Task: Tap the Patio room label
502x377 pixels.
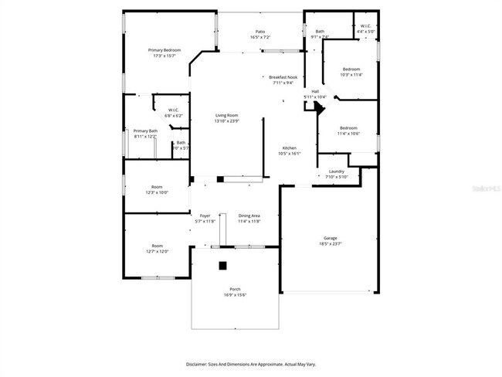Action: (260, 32)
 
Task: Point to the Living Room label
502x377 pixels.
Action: (226, 116)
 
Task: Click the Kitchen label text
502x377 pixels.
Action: (289, 148)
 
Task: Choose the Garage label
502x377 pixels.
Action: (331, 238)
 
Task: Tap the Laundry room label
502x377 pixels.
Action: (336, 172)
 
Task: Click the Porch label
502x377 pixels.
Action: (235, 289)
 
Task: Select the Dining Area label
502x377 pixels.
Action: (249, 216)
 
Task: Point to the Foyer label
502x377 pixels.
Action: (205, 216)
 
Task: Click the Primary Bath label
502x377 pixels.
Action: (145, 131)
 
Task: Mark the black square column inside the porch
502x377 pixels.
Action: (222, 265)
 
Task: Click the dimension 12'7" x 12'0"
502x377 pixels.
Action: (157, 251)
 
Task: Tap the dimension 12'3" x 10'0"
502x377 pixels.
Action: (157, 192)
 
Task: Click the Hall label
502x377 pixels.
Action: (315, 91)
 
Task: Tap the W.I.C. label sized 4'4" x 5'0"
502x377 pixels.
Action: (365, 26)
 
